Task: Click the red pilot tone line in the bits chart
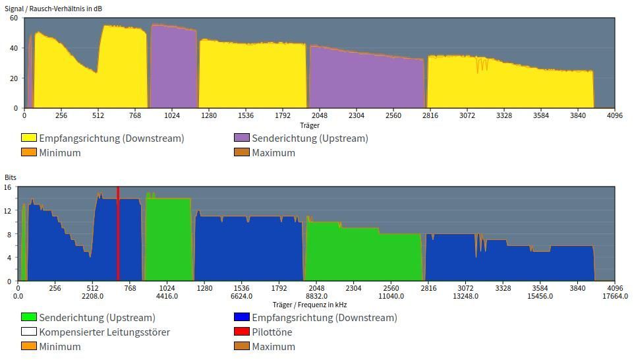coord(118,234)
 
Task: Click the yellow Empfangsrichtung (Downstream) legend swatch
coord(29,138)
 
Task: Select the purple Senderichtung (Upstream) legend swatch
coord(242,138)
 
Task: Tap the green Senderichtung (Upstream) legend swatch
coord(29,318)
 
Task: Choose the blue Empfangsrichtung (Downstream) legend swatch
coord(242,318)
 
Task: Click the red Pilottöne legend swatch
coord(242,332)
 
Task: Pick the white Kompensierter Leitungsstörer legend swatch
coord(29,332)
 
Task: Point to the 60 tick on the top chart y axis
coord(14,18)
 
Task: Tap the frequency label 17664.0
coord(615,296)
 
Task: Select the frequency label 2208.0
coord(92,296)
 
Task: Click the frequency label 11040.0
coord(391,296)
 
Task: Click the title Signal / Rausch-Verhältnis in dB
coord(53,9)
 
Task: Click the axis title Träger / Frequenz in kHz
coord(309,305)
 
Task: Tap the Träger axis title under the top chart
coord(309,125)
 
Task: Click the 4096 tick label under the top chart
coord(614,116)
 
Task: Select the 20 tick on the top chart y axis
coord(14,78)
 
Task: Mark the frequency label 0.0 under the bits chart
coord(18,296)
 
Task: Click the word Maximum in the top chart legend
coord(274,153)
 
